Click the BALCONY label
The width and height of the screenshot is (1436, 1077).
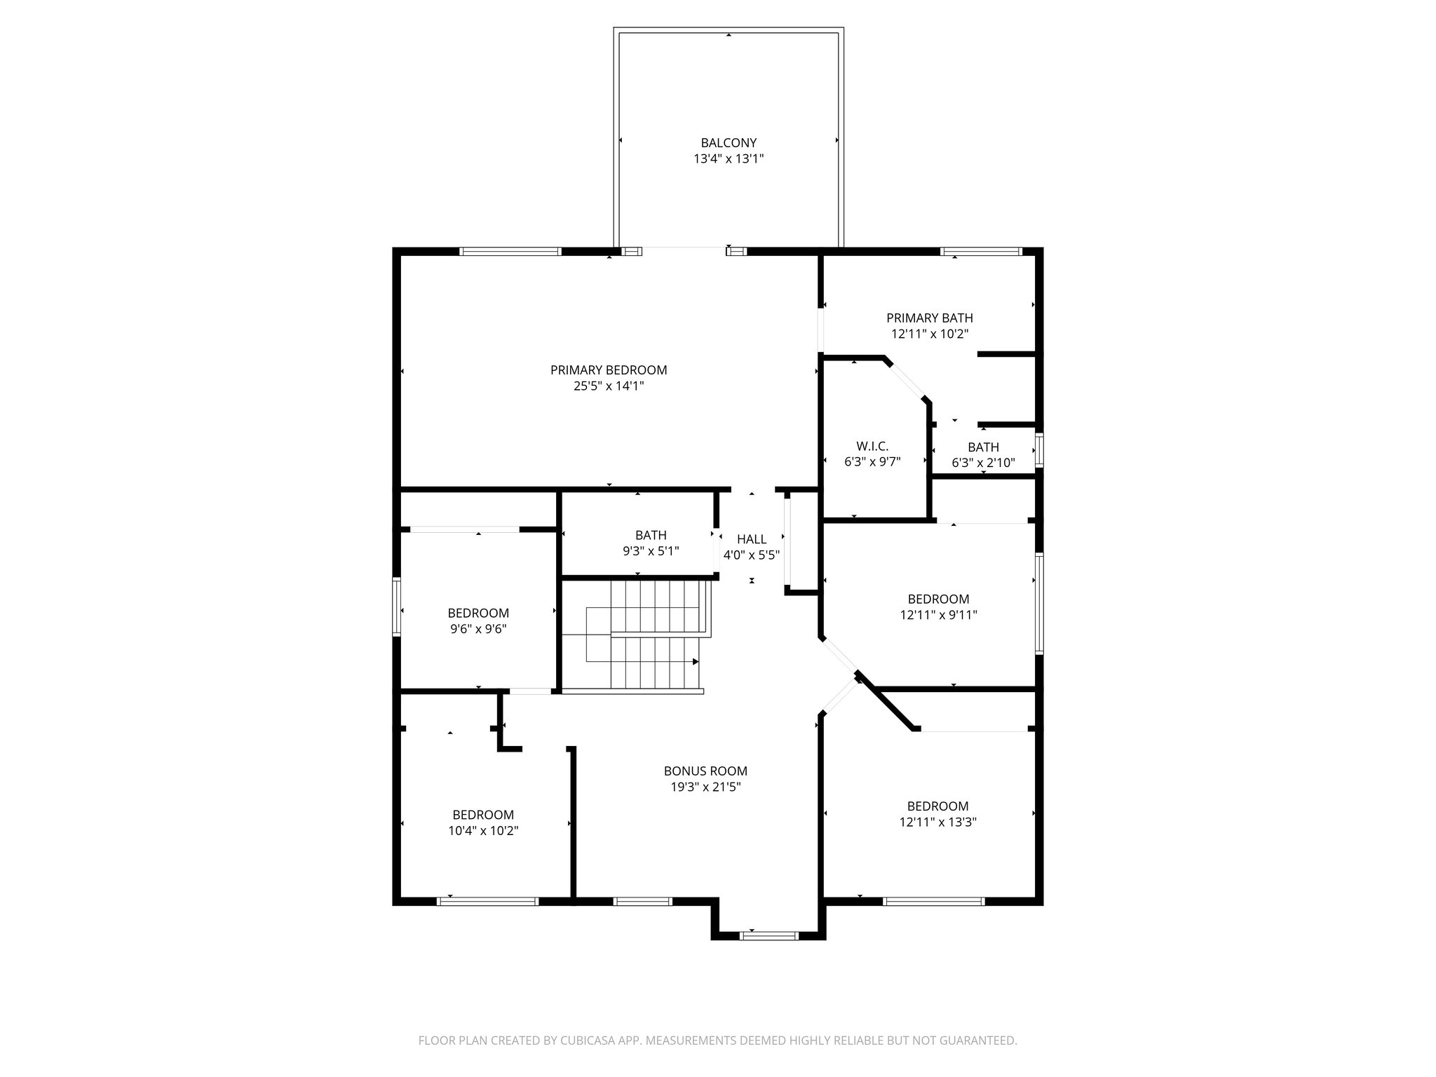tap(729, 143)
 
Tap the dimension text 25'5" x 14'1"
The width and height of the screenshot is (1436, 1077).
tap(608, 386)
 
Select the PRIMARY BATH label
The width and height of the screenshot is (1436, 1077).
tap(929, 318)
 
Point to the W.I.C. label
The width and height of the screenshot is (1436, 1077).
tap(872, 446)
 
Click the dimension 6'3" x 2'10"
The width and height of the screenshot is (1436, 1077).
tap(983, 463)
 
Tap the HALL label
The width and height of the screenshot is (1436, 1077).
tap(751, 539)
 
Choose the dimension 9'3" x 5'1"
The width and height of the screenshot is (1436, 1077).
tap(651, 551)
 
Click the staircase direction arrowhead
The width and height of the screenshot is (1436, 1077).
tap(696, 661)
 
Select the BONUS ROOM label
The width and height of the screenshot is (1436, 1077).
tap(705, 771)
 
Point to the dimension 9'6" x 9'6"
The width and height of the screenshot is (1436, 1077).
tap(478, 629)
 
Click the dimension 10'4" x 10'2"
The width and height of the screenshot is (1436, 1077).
tap(483, 831)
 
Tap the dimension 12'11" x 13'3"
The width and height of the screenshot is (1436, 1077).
tap(937, 822)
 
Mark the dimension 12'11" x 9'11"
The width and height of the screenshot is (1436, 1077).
tap(938, 615)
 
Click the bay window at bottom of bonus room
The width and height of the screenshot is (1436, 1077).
tap(769, 935)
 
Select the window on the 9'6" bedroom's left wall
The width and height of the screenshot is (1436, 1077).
tap(396, 607)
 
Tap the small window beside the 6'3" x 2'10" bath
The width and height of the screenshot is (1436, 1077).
tap(1040, 450)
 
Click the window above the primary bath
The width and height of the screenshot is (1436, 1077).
tap(980, 251)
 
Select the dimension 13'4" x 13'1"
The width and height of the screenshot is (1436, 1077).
tap(729, 159)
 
